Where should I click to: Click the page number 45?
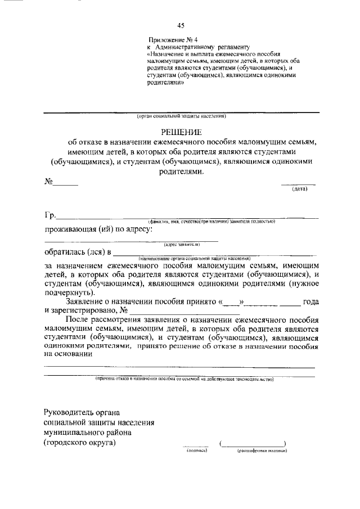tap(181, 25)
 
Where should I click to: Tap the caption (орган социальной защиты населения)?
tap(181, 116)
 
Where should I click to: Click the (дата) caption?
tap(299, 189)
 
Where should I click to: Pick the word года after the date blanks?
tap(310, 301)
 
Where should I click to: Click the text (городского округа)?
tap(80, 442)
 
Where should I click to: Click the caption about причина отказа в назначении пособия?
tap(184, 380)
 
